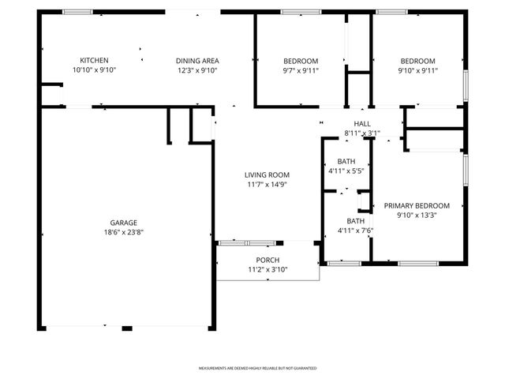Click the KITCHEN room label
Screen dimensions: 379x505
(94, 61)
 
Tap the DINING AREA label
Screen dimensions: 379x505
(196, 61)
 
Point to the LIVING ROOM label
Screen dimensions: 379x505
(266, 175)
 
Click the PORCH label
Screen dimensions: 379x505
(267, 261)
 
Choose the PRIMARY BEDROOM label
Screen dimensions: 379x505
(417, 205)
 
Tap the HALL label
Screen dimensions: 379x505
(362, 124)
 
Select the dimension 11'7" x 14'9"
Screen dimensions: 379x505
(266, 185)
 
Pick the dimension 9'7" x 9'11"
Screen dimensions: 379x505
(301, 70)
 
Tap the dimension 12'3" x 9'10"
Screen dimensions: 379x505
(196, 70)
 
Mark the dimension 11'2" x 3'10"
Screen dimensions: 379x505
(267, 269)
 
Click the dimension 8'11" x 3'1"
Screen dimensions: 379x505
(362, 133)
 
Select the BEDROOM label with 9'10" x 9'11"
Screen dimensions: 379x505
(417, 61)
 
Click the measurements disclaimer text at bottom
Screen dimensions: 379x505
(257, 369)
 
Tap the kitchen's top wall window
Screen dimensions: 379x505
(77, 12)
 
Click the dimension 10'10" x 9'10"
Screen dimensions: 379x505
(94, 70)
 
